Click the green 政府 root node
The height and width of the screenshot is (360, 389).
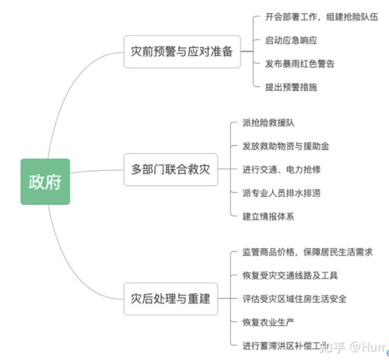pos(46,182)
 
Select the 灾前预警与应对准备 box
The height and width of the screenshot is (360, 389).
pos(182,52)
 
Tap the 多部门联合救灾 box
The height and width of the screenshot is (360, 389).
pos(170,169)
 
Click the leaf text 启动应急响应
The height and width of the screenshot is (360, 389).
pos(291,40)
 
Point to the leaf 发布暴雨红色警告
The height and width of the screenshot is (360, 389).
pos(299,64)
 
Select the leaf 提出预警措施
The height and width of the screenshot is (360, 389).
pos(291,87)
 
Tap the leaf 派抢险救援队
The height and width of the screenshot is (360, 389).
pos(268,122)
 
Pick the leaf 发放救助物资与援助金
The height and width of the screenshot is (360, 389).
pos(285,146)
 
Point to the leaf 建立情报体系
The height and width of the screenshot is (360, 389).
pos(268,216)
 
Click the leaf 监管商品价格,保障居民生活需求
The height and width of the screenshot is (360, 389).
pos(307,252)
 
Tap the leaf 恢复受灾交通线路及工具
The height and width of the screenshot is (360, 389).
pos(290,275)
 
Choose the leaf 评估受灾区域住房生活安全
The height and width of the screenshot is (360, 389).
pos(294,298)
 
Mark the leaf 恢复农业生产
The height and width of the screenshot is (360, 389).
pos(268,322)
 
